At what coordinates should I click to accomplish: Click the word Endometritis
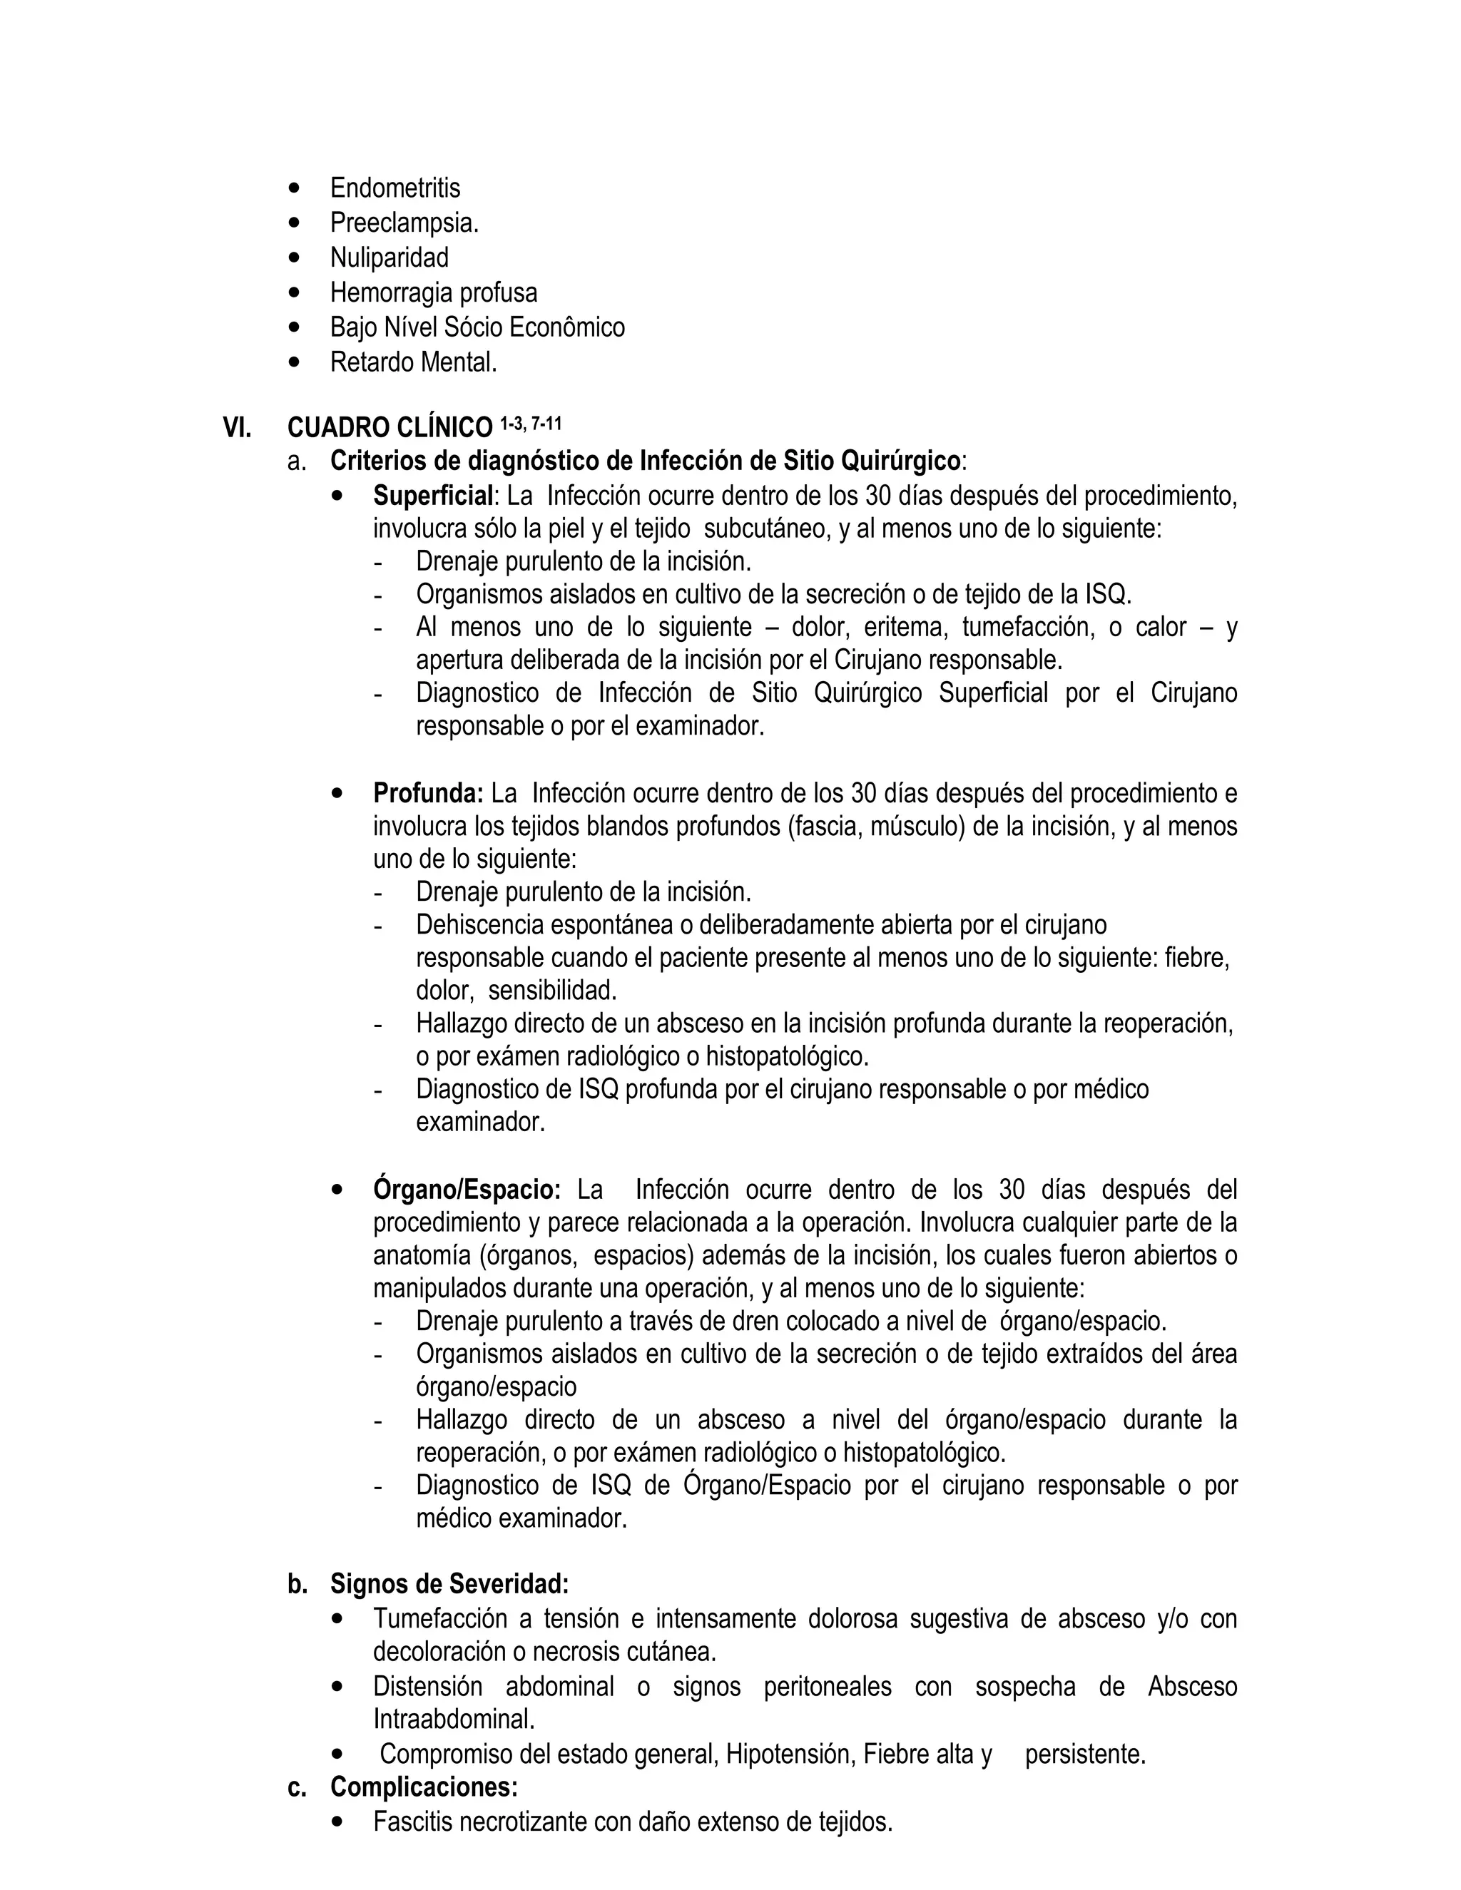point(394,188)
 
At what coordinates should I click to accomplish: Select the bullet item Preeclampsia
point(404,223)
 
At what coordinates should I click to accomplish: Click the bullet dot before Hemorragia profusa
point(297,292)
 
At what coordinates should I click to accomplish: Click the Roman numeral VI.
point(237,427)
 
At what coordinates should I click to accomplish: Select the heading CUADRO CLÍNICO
point(390,427)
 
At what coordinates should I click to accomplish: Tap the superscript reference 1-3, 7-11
point(531,423)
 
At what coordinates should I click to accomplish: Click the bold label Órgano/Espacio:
point(467,1189)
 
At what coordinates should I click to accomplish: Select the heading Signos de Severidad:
point(449,1585)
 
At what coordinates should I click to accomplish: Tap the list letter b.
point(297,1585)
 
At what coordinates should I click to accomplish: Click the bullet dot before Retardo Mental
point(297,362)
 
